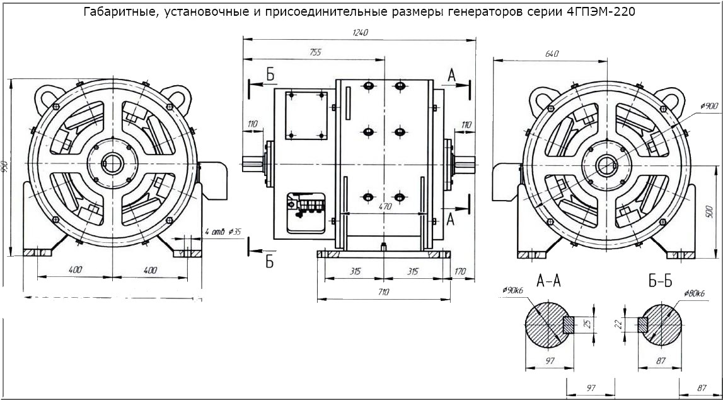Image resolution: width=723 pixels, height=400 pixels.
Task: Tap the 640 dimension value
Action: pyautogui.click(x=552, y=54)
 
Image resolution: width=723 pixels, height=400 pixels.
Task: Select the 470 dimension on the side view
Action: pyautogui.click(x=385, y=207)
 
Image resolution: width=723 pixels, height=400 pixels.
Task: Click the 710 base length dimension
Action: pyautogui.click(x=383, y=292)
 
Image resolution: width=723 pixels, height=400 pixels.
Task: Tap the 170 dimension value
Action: pyautogui.click(x=460, y=272)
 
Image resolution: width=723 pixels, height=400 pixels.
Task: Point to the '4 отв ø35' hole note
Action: pyautogui.click(x=224, y=232)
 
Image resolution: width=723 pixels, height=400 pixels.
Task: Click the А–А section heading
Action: pyautogui.click(x=549, y=281)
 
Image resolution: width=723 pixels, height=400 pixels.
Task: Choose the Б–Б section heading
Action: pyautogui.click(x=661, y=281)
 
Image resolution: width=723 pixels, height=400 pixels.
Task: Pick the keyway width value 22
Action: pyautogui.click(x=618, y=324)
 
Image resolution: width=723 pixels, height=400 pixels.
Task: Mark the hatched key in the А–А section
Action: pyautogui.click(x=568, y=324)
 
